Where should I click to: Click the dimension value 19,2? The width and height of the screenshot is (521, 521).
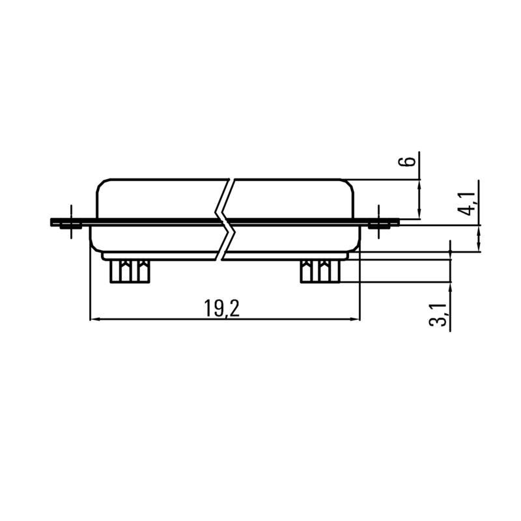(x=221, y=308)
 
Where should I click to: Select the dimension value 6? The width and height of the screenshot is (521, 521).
(x=408, y=162)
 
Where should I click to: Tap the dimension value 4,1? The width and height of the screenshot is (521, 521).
(x=468, y=203)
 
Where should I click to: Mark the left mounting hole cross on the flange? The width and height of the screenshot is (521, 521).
(x=68, y=223)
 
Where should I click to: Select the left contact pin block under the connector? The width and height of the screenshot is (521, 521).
(x=130, y=271)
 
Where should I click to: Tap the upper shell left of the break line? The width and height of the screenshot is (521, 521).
(x=156, y=199)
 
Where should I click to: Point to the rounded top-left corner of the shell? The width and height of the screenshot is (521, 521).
(x=101, y=184)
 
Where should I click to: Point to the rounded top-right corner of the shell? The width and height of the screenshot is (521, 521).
(x=350, y=184)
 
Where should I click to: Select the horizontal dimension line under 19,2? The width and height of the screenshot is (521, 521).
(x=163, y=319)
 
